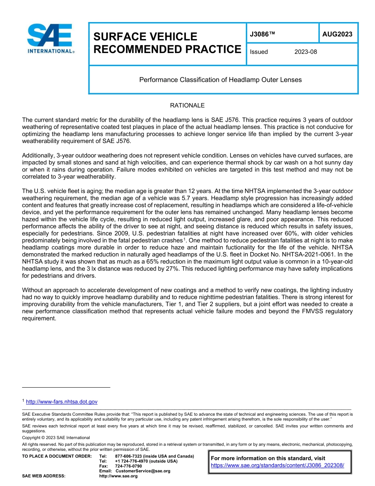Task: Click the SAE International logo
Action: point(50,38)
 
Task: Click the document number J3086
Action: point(262,35)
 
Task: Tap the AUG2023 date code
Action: point(337,34)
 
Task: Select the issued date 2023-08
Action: point(305,52)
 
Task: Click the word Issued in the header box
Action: point(259,52)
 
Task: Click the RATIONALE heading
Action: point(187,105)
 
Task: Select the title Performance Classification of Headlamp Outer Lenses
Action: point(220,80)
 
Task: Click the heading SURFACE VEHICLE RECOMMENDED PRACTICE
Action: point(167,43)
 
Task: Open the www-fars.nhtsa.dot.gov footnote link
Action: point(62,402)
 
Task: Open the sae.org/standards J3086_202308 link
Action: point(277,465)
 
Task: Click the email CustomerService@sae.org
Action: point(143,471)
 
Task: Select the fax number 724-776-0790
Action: point(128,466)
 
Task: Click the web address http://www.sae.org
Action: point(118,476)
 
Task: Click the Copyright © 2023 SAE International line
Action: point(56,437)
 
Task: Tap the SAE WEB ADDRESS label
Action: point(44,476)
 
